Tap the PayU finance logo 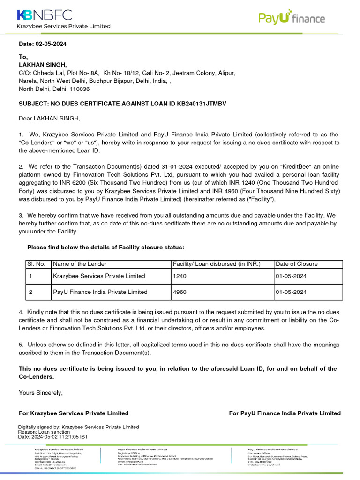point(291,18)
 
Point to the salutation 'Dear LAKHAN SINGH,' point(50,119)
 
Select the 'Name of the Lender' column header point(80,264)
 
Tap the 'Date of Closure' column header point(297,264)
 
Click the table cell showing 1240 point(180,276)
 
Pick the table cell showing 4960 point(180,292)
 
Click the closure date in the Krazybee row point(291,276)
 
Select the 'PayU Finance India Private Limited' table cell point(100,292)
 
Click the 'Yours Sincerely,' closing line point(40,393)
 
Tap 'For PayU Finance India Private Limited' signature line point(285,413)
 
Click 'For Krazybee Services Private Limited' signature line point(74,413)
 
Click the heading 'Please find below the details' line point(106,247)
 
